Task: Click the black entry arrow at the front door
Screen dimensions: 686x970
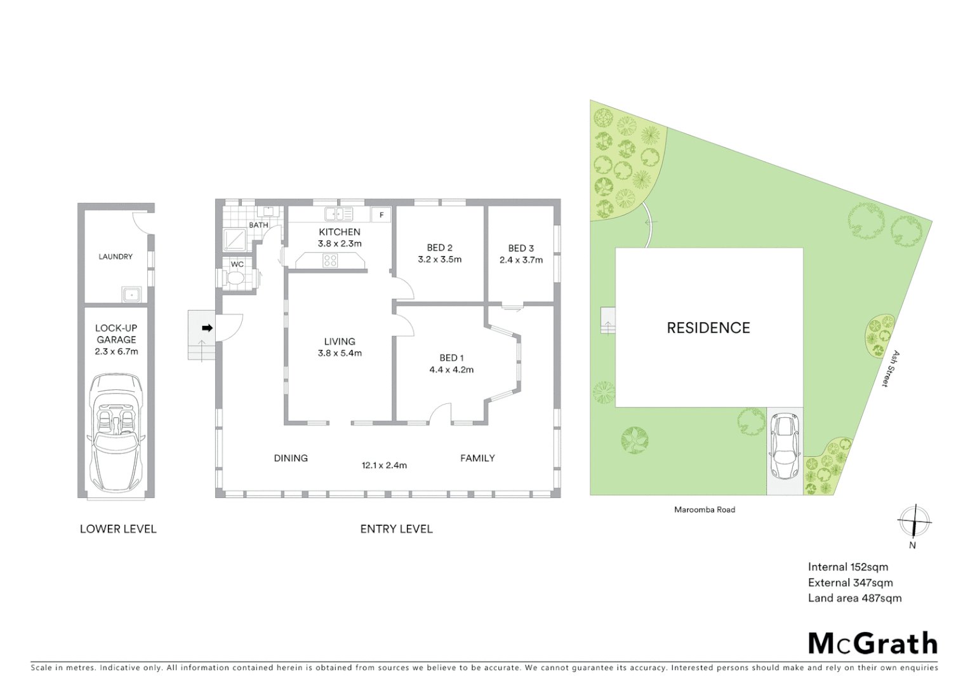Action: (207, 328)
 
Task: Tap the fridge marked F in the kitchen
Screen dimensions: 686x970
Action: (382, 215)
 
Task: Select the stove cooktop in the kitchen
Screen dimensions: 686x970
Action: (330, 260)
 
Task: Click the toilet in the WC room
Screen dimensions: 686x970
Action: (234, 278)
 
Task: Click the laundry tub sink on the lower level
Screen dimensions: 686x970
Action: (131, 294)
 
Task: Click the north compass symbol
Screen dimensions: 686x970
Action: (914, 523)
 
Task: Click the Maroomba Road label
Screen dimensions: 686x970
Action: (704, 509)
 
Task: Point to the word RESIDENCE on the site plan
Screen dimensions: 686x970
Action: (708, 328)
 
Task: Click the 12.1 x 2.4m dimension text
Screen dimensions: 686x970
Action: (384, 465)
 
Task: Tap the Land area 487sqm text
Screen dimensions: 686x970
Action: (854, 598)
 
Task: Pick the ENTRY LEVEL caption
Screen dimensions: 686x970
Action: (396, 528)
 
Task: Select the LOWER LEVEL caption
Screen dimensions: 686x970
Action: (118, 528)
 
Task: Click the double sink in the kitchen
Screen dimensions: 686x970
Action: (339, 214)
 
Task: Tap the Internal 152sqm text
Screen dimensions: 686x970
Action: (847, 567)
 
